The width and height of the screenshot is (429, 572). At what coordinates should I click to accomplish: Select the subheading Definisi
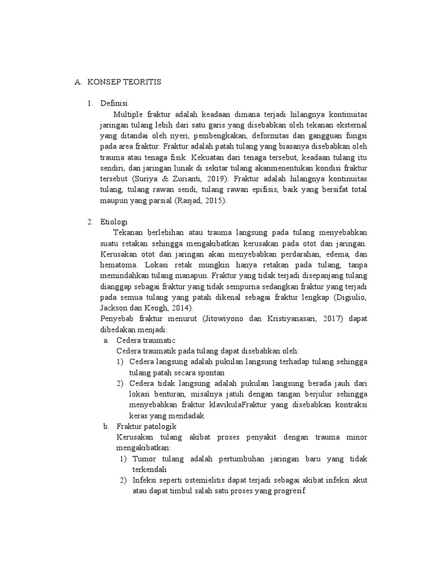coord(114,103)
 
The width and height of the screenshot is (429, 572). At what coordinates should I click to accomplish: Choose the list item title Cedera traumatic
coord(146,340)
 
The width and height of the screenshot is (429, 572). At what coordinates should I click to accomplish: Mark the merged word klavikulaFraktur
coord(207,405)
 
